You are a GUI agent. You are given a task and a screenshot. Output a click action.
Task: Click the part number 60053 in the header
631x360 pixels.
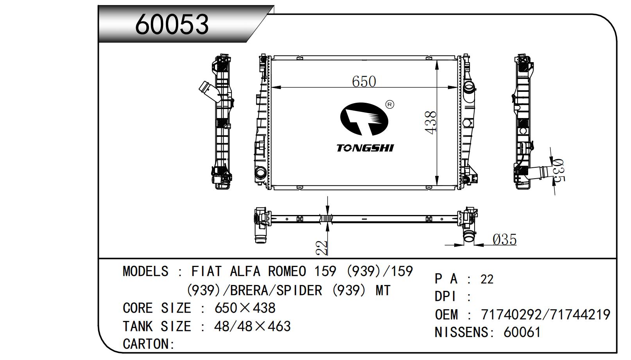(172, 24)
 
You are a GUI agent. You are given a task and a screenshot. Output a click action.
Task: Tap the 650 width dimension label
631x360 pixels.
(364, 81)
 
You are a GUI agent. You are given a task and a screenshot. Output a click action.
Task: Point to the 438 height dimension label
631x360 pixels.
(430, 122)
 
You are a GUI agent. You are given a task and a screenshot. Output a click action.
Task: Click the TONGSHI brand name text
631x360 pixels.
(365, 148)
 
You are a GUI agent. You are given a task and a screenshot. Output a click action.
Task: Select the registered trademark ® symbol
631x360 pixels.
(390, 104)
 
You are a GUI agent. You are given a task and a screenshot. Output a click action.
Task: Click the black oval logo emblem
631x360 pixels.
(364, 119)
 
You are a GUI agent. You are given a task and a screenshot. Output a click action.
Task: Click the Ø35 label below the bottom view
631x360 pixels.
(504, 239)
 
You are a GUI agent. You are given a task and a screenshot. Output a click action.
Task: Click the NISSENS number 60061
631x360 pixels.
(522, 332)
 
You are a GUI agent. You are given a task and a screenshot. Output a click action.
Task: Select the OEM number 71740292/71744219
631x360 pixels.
(545, 314)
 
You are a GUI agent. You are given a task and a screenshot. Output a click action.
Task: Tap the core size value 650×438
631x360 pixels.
(245, 308)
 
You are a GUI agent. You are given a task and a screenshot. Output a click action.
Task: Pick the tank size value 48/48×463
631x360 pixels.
(252, 326)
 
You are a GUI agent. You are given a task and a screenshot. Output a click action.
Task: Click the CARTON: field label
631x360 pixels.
(149, 344)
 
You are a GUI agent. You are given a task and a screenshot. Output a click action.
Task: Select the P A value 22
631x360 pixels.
(487, 279)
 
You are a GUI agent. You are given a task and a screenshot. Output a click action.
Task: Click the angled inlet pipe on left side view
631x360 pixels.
(207, 90)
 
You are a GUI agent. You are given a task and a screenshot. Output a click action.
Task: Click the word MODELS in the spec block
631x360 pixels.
(145, 271)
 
